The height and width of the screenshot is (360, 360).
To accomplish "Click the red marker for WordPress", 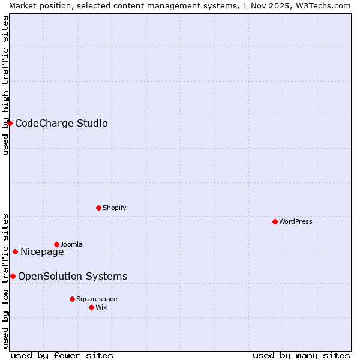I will tap(275, 221).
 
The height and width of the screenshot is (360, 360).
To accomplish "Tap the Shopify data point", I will tap(99, 208).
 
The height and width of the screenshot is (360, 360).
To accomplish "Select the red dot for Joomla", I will tap(56, 244).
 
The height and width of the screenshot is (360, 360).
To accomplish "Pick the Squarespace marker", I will tap(72, 299).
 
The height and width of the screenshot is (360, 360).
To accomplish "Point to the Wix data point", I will tap(91, 307).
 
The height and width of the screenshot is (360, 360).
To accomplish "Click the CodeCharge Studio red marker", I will tap(10, 123).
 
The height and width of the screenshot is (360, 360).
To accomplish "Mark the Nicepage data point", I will tap(15, 251).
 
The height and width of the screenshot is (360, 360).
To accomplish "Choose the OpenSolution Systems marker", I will tap(13, 276).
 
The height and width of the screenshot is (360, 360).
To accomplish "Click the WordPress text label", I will tap(296, 221).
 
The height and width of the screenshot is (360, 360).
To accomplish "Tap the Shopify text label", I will tap(114, 208).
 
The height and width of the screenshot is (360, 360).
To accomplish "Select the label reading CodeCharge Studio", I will tap(61, 124).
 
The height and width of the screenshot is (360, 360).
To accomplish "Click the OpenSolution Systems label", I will tap(73, 277).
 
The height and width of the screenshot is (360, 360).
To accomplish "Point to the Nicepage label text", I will tap(42, 252).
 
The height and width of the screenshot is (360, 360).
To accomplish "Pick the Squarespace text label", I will tap(97, 299).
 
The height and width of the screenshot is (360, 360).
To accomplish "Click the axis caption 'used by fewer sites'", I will tap(62, 355).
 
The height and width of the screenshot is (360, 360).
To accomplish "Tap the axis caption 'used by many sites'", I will tap(301, 355).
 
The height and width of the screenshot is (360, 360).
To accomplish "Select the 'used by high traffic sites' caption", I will tap(5, 85).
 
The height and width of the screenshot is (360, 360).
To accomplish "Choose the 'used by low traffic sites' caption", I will tap(5, 280).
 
